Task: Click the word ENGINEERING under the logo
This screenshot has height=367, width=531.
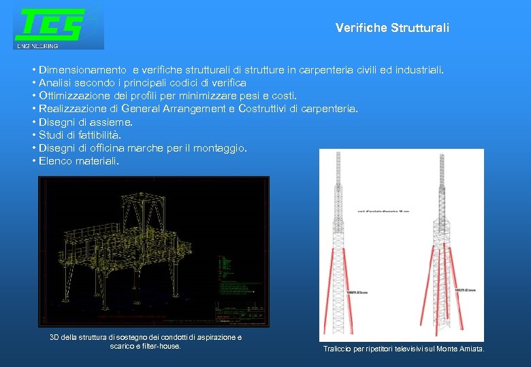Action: [38, 46]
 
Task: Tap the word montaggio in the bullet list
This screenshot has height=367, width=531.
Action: [223, 148]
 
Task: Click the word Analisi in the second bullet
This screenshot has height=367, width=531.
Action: [57, 83]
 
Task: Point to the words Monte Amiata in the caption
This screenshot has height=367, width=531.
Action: [462, 349]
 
